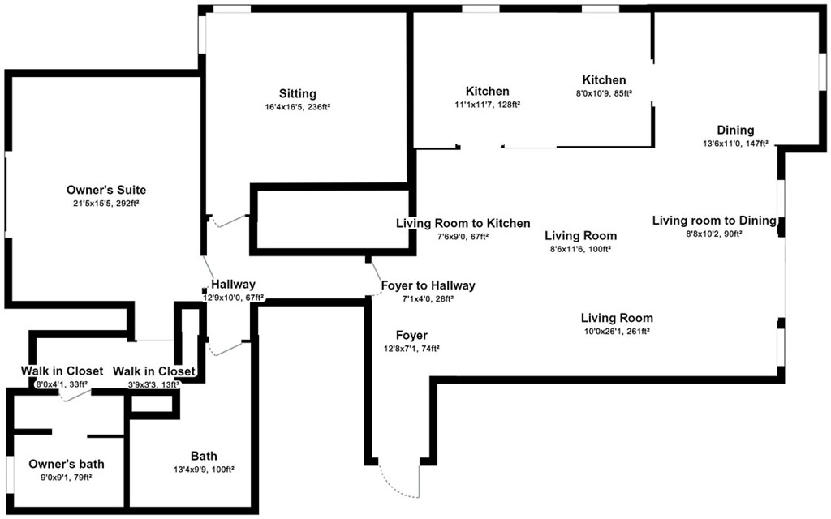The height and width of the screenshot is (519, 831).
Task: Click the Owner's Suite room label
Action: [x=106, y=190]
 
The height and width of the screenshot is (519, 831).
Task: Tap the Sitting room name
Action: [x=298, y=94]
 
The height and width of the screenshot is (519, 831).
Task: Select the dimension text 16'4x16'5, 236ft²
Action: [x=298, y=107]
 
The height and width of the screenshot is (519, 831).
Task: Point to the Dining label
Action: [x=735, y=131]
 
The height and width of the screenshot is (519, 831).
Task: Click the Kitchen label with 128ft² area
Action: [x=488, y=91]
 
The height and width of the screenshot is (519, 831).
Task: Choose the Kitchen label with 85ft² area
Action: [x=604, y=80]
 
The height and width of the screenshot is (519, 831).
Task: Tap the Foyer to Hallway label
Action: [x=428, y=285]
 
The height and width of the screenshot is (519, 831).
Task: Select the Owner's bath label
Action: [x=67, y=464]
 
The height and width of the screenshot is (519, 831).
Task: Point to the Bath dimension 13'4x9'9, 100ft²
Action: [x=204, y=470]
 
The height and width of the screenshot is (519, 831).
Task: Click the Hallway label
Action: [x=233, y=285]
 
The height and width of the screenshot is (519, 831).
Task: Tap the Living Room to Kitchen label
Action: [x=463, y=224]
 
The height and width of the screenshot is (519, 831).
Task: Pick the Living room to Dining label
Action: [x=714, y=221]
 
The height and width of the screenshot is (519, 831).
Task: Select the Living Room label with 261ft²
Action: [x=617, y=318]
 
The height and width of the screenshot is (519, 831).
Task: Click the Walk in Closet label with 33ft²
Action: [x=62, y=371]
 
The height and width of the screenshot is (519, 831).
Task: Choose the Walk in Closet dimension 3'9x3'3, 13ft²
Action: [x=153, y=385]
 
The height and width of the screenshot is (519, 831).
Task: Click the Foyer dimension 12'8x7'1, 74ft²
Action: [x=411, y=349]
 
